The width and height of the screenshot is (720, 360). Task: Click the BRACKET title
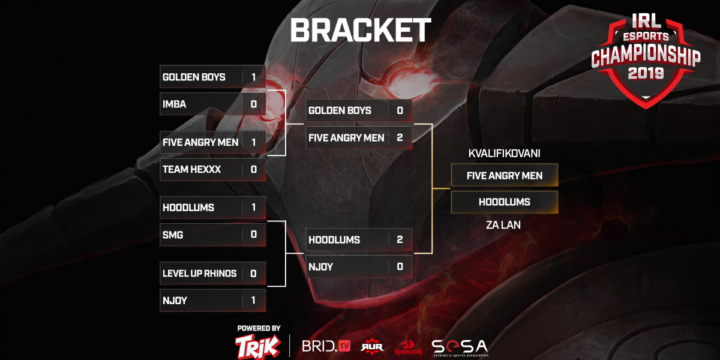tap(361, 30)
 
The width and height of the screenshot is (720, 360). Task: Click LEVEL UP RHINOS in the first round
tap(199, 274)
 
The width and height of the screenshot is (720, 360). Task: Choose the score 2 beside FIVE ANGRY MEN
tap(400, 138)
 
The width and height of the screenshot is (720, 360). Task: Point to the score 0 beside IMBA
tap(254, 104)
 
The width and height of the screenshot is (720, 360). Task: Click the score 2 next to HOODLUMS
tap(400, 240)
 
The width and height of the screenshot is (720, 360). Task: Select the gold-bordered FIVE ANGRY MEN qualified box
tap(505, 175)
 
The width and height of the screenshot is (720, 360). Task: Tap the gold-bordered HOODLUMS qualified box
tap(505, 202)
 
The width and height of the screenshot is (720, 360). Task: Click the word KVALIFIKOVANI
tap(504, 154)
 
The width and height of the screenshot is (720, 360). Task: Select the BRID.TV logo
tap(326, 346)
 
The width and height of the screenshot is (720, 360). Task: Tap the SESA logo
tap(460, 347)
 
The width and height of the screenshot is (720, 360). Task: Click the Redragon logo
tap(407, 347)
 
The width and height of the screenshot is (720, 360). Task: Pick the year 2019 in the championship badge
tap(646, 73)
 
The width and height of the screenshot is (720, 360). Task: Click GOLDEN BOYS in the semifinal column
tap(340, 110)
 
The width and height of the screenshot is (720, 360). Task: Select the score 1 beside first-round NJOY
tap(254, 301)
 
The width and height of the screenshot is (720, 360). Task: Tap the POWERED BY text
tap(259, 328)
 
